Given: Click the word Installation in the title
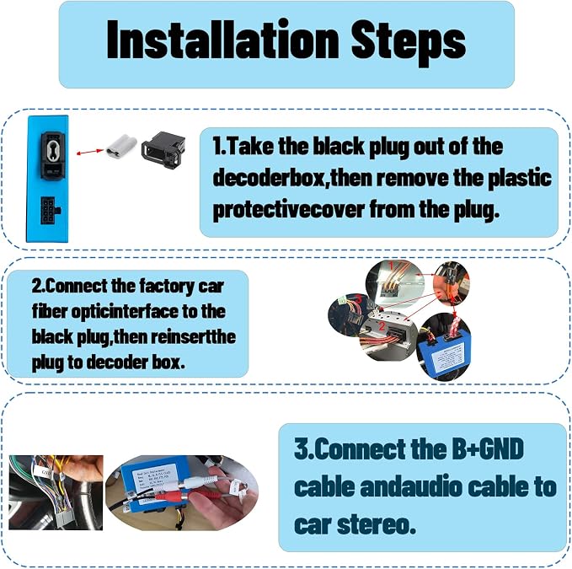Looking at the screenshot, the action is [x=223, y=40].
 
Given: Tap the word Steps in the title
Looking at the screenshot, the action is [x=409, y=43].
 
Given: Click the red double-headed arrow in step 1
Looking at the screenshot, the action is [x=90, y=152].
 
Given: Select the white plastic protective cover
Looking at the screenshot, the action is [x=120, y=144].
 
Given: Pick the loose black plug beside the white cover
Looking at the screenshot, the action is [x=163, y=150].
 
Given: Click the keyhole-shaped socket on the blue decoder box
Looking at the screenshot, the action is [x=53, y=149].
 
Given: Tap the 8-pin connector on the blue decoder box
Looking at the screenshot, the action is [x=50, y=210].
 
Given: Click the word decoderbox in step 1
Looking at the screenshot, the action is [x=268, y=179].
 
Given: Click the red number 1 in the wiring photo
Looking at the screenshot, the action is [x=391, y=266].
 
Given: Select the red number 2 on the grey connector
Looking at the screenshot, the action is [x=382, y=326].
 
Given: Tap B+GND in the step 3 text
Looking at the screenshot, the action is [x=488, y=448].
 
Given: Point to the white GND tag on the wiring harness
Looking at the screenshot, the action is [x=46, y=472].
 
